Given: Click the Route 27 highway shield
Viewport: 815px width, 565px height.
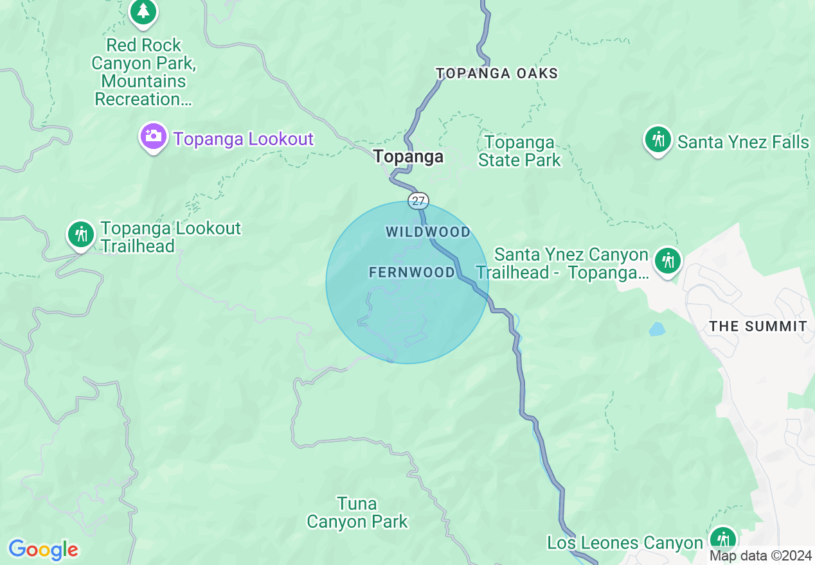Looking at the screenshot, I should tap(418, 201).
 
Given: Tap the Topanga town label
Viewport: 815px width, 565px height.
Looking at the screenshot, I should tap(409, 156).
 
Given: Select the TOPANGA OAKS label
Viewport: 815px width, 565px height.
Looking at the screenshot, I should tap(497, 73).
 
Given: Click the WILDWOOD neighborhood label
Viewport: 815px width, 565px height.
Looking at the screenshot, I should tap(428, 232).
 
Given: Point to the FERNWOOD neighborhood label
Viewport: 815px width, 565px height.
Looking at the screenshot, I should tap(412, 272).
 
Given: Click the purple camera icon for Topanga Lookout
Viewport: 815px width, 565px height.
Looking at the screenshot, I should tap(154, 137).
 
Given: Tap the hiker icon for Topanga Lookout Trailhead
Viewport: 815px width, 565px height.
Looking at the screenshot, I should tap(81, 235).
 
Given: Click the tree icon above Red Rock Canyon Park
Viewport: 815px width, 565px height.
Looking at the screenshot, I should tap(143, 13).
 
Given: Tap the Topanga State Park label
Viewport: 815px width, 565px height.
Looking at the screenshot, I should tap(519, 151).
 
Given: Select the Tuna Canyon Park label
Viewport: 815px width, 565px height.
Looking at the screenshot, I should tap(357, 512).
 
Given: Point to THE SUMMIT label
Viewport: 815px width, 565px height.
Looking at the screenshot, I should tap(758, 326).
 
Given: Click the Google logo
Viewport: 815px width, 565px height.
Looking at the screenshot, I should tap(43, 550).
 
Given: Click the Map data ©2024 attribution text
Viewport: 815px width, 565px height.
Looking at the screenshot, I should tap(760, 556).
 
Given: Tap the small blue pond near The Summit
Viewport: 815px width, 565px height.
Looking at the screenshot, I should tap(657, 329).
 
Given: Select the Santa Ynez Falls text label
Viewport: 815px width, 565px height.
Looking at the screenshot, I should tap(743, 142).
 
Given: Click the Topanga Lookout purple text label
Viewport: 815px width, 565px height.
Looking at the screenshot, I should tap(243, 139).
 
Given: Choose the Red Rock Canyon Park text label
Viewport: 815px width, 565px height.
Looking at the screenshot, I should tap(143, 73).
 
